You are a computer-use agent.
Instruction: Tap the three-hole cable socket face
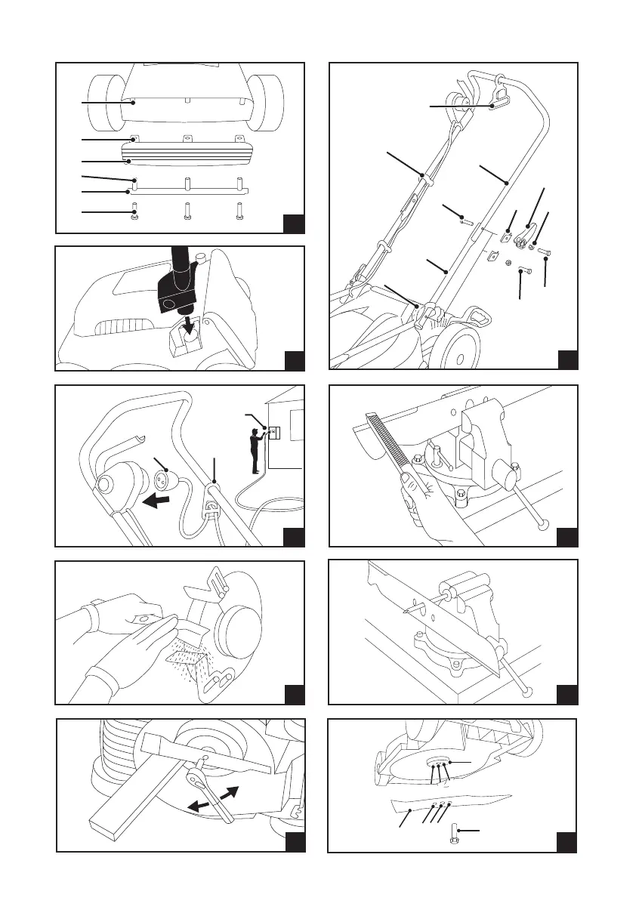(164, 480)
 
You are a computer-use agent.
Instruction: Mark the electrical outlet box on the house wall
(276, 433)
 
